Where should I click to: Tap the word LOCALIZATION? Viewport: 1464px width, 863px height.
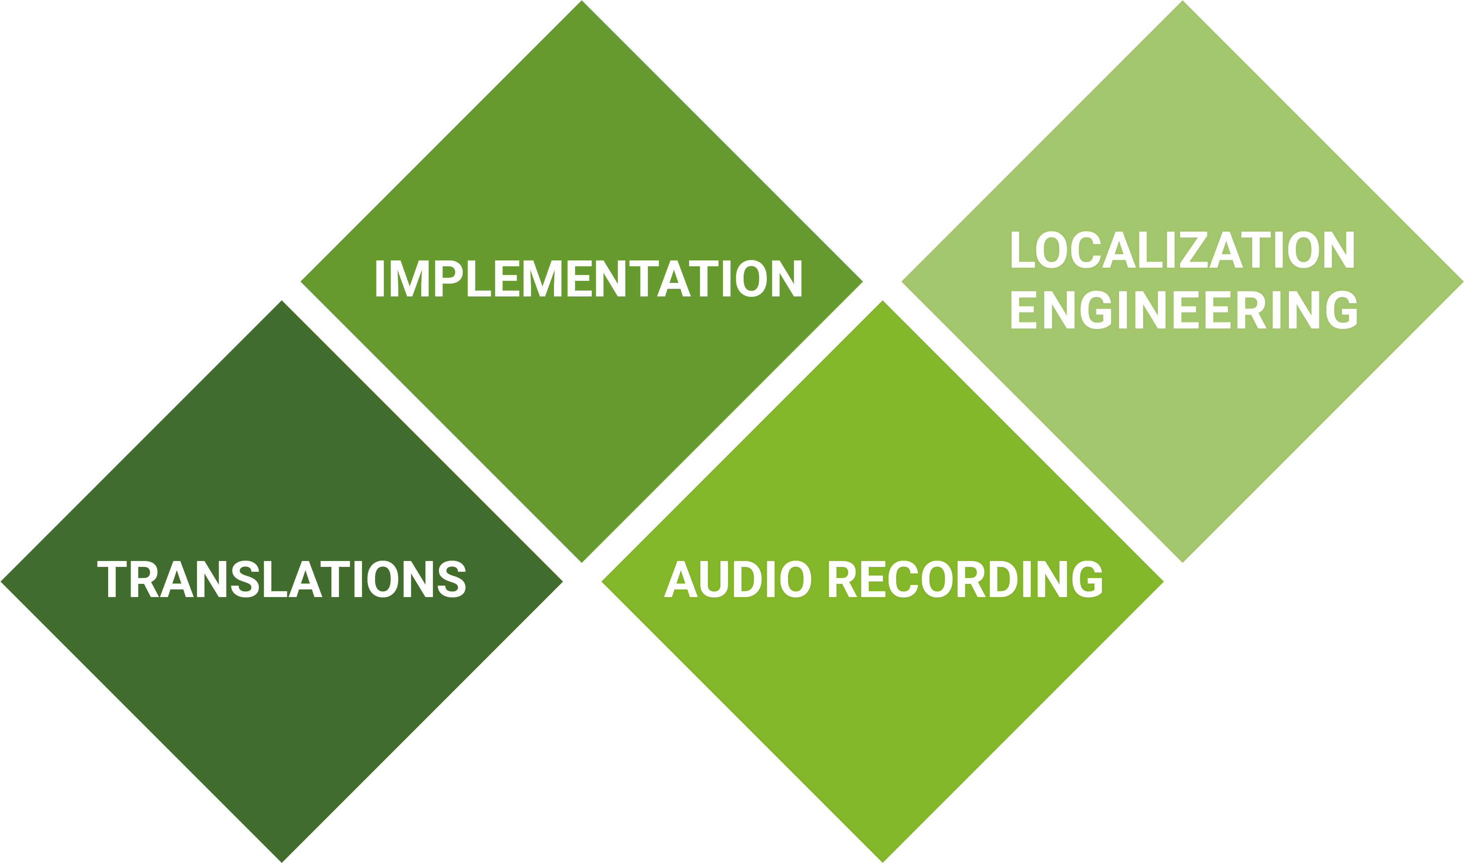point(1183,251)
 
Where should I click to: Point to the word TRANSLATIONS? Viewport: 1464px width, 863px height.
point(282,579)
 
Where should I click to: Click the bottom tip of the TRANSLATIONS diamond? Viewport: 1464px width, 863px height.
point(282,860)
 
